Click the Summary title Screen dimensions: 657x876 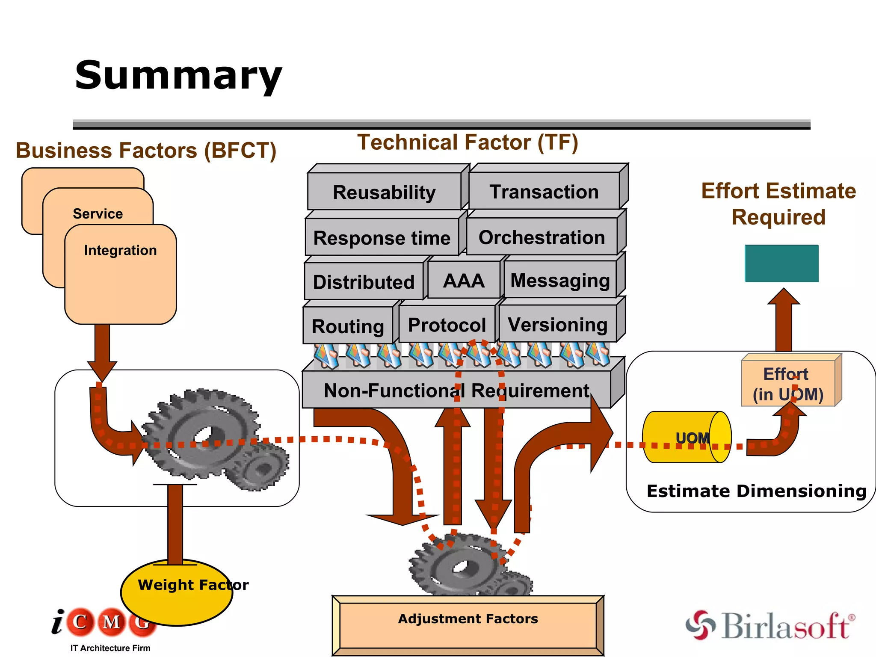click(x=178, y=76)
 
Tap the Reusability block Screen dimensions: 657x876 click(x=384, y=192)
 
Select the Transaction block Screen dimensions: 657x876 click(x=544, y=192)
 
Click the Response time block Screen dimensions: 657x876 click(x=382, y=238)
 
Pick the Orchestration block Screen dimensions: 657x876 click(x=542, y=237)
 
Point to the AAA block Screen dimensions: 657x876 click(x=464, y=281)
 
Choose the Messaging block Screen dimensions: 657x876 click(x=560, y=281)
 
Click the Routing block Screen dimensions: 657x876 click(x=348, y=326)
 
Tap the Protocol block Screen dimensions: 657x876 click(x=447, y=325)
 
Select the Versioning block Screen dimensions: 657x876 click(x=557, y=325)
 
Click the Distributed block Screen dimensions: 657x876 click(x=364, y=282)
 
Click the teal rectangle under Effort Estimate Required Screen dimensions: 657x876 click(x=781, y=263)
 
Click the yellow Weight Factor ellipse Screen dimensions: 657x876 click(x=176, y=592)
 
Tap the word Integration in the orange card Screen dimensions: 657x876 click(x=120, y=250)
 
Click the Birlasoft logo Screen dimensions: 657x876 click(x=770, y=625)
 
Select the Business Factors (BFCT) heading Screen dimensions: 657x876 click(x=146, y=151)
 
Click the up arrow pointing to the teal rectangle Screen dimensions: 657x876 click(x=783, y=319)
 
